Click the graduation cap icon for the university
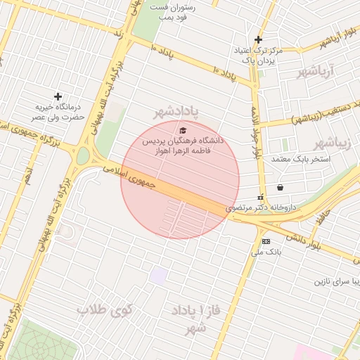(184, 130)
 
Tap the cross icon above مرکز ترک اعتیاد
(259, 40)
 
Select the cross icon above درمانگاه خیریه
(58, 96)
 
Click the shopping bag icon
(281, 188)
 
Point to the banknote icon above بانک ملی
(266, 241)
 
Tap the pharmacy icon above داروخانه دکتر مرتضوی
(261, 198)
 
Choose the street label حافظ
(322, 216)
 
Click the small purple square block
(159, 276)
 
